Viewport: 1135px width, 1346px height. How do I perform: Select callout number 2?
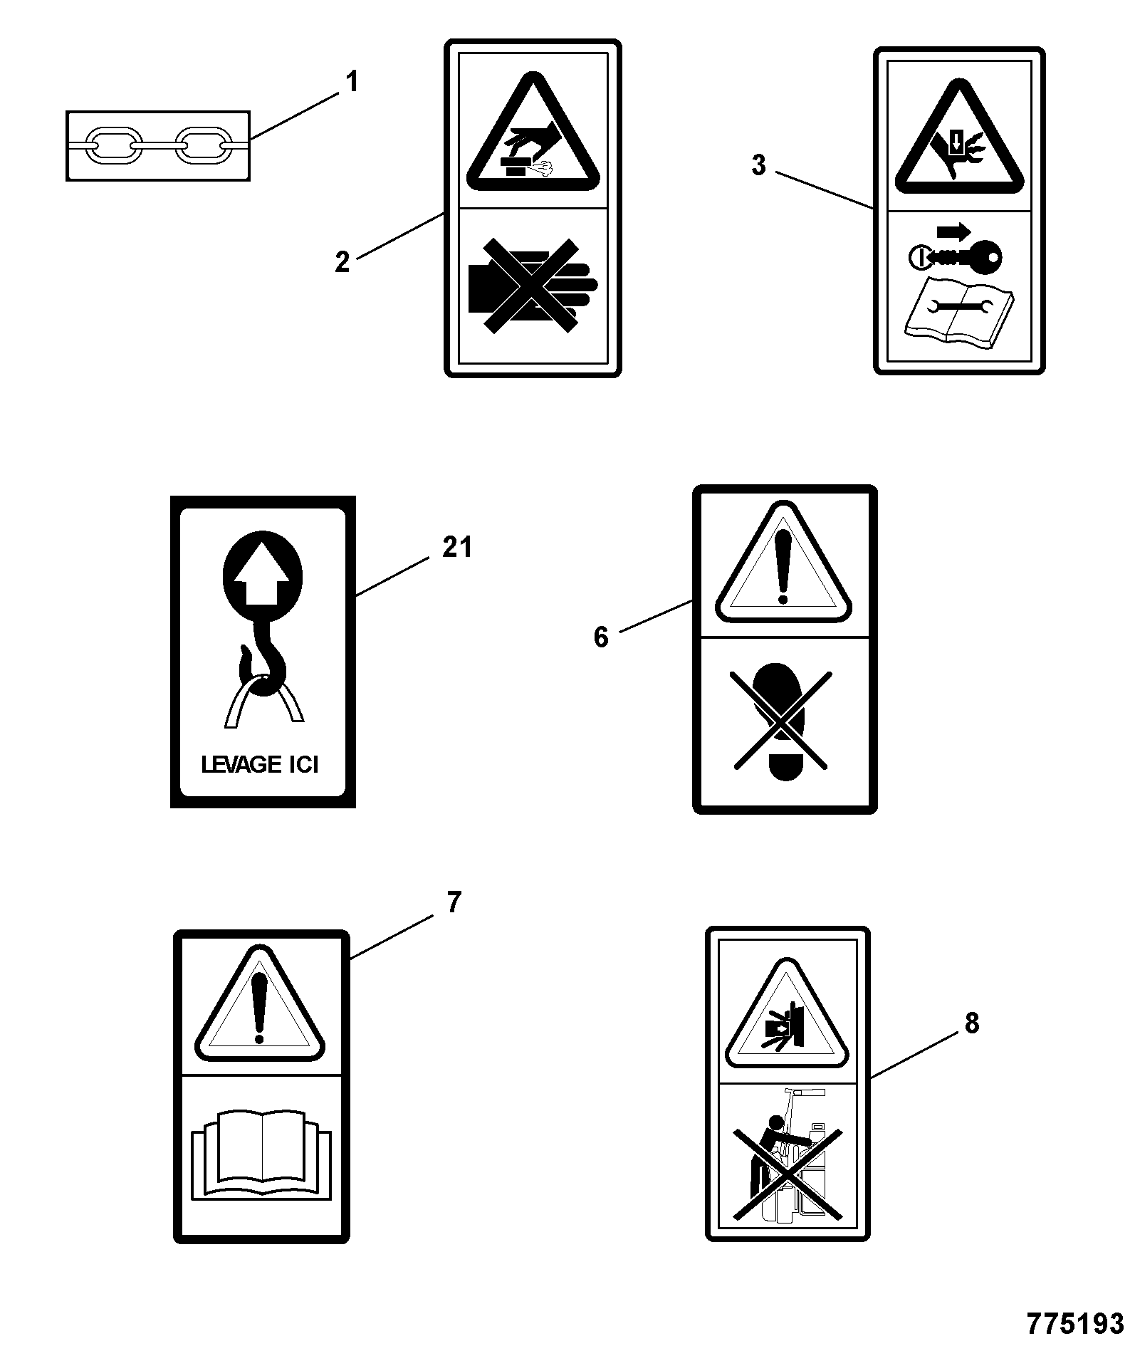342,263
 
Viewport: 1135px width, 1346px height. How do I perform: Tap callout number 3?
759,165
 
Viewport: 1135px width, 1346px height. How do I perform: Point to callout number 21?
457,548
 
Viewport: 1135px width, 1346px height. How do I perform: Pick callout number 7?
454,903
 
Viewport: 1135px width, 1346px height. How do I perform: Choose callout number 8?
972,1023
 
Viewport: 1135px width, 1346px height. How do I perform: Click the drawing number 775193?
1075,1323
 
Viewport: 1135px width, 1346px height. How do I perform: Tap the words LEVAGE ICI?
260,765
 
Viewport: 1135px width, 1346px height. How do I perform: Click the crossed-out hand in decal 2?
533,286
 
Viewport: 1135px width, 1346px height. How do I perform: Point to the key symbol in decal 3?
956,255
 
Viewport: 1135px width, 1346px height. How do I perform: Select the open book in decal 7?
261,1153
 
